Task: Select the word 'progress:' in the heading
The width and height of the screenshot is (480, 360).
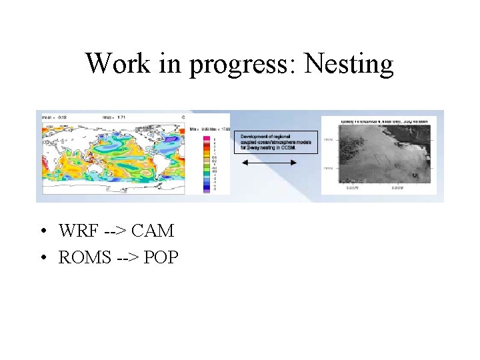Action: coord(244,65)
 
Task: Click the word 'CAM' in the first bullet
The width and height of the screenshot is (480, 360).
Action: coord(153,231)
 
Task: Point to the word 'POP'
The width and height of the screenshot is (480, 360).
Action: coord(161,256)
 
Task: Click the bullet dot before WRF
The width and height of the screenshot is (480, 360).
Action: coord(42,232)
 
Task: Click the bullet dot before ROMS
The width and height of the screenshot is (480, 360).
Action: coord(42,257)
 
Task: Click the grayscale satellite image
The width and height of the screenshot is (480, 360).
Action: coord(379,155)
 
